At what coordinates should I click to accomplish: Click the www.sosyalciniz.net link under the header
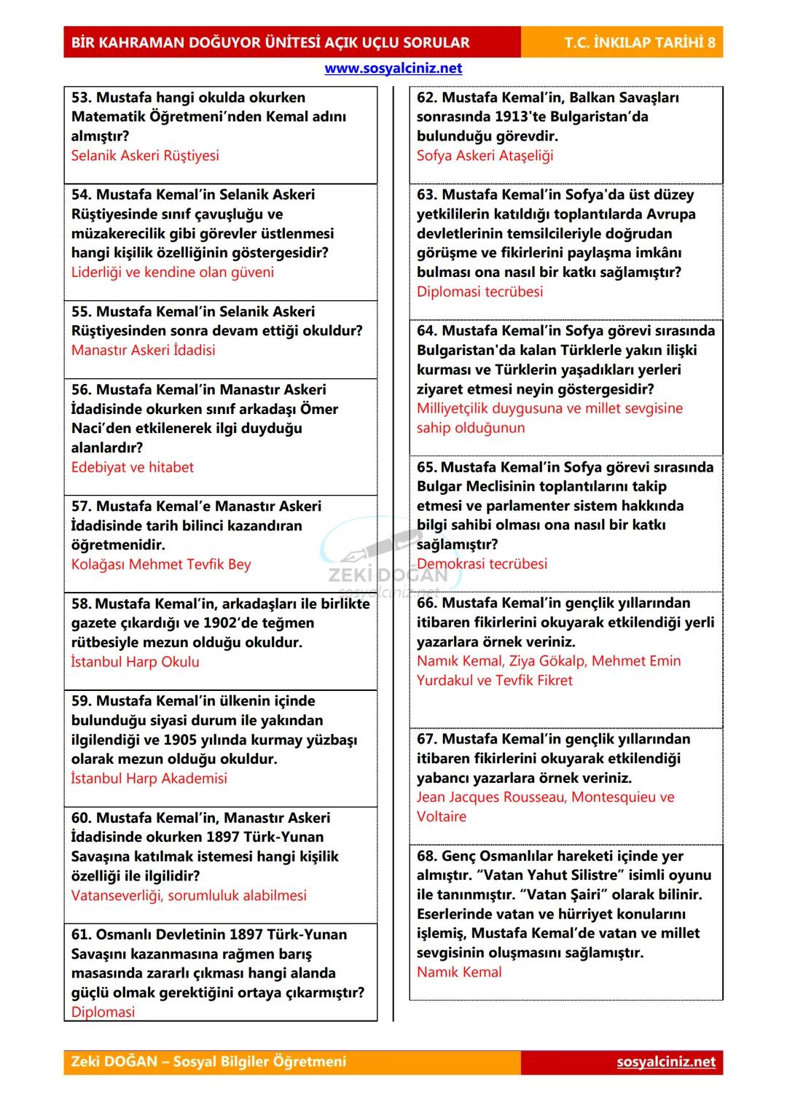[393, 69]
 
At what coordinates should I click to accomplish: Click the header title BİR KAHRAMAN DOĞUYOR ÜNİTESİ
[270, 43]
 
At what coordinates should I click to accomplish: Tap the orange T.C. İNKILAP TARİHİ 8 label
[639, 43]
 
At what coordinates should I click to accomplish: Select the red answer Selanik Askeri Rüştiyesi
[145, 156]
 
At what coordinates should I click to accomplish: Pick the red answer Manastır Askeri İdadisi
[143, 351]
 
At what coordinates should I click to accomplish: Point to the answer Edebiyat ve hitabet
[133, 468]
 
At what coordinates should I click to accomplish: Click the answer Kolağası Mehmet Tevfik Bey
[161, 565]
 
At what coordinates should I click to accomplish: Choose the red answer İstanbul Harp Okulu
[135, 663]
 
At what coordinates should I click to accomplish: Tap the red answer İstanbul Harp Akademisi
[149, 779]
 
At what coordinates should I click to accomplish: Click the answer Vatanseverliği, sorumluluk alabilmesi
[189, 896]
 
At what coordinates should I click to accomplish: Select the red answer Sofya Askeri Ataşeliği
[485, 156]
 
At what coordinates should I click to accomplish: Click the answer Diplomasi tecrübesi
[479, 292]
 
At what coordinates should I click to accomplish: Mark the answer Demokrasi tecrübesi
[482, 564]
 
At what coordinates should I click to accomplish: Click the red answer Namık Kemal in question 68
[459, 972]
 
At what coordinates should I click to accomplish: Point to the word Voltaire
[442, 817]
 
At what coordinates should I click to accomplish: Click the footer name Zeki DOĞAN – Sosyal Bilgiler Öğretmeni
[208, 1062]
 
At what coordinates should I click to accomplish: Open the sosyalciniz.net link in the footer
[665, 1062]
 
